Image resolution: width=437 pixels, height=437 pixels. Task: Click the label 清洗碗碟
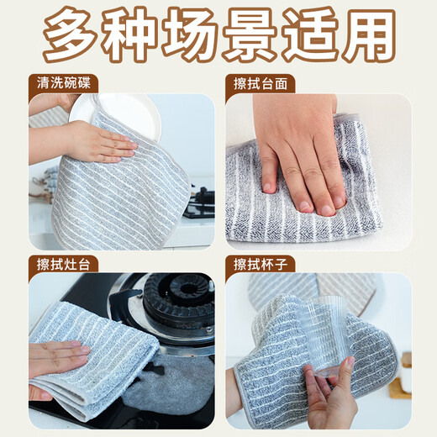[x=64, y=83]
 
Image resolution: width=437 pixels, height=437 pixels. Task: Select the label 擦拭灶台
[x=64, y=263]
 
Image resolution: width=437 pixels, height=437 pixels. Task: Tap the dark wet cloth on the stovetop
[x=168, y=387]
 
